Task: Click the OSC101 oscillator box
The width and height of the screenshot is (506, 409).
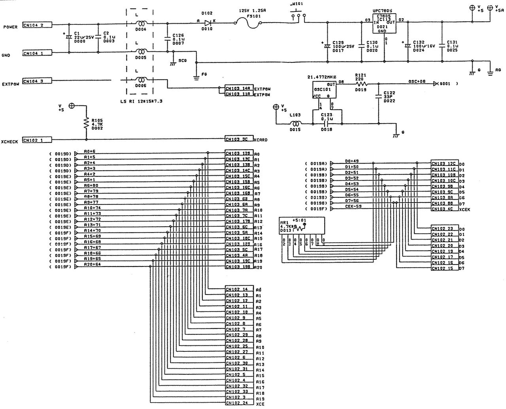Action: coord(324,90)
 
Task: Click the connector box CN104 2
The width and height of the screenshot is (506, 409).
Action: coord(37,25)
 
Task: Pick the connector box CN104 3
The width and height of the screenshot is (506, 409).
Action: coord(37,81)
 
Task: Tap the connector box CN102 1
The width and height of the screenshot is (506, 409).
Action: coord(37,140)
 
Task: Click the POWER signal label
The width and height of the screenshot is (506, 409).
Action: coord(11,27)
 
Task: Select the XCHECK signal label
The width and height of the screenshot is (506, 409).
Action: coord(9,142)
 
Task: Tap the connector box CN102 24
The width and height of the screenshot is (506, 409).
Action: coord(240,403)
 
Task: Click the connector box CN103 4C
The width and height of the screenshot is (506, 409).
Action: coord(444,209)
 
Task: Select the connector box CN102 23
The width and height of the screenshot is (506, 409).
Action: coord(444,229)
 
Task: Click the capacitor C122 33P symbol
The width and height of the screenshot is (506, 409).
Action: coord(379,95)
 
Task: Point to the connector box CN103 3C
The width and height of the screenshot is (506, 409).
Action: coord(239,139)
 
